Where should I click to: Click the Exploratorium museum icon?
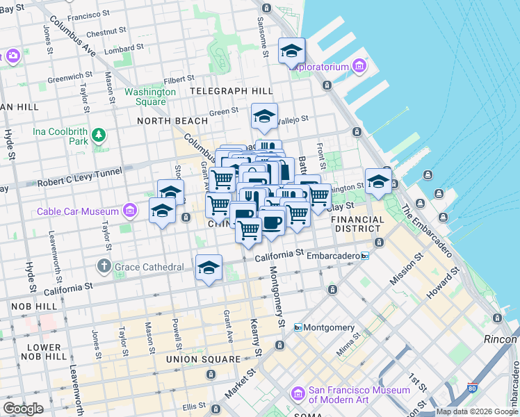click(x=359, y=67)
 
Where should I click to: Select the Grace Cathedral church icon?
click(x=104, y=266)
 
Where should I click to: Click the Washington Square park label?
click(x=150, y=97)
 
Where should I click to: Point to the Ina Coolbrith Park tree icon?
click(x=99, y=133)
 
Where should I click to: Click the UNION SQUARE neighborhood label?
click(x=203, y=359)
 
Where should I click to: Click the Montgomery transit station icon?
click(x=298, y=327)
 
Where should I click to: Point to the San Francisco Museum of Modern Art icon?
click(x=298, y=394)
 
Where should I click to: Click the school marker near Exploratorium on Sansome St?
click(x=291, y=50)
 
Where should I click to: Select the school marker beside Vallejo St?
click(x=264, y=116)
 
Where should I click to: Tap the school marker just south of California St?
click(x=209, y=268)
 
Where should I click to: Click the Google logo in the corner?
click(x=23, y=408)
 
